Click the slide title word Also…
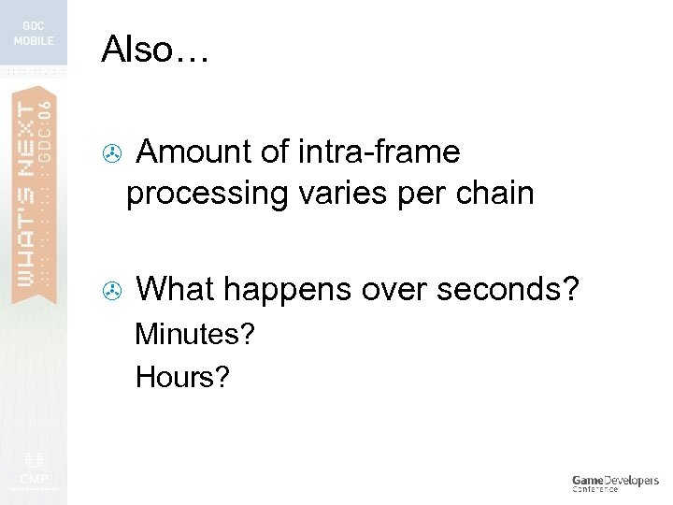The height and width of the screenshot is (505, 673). click(156, 49)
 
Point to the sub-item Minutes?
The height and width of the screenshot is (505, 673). click(194, 334)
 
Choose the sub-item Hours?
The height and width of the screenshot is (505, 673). click(181, 377)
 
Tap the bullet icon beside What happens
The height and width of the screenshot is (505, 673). click(111, 292)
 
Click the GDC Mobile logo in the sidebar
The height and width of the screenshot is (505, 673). click(34, 35)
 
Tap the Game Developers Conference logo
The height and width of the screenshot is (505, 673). click(615, 483)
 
